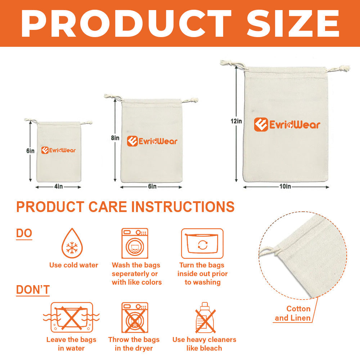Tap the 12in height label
236,121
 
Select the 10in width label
285,186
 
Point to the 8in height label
115,138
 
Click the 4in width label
59,186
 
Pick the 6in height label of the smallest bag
30,150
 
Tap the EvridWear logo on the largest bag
287,125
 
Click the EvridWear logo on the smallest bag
58,150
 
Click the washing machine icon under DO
135,243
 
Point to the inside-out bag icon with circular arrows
202,243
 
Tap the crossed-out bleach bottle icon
205,318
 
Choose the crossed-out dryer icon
135,318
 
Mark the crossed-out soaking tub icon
71,317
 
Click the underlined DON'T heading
33,290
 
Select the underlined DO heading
24,234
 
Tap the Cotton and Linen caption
293,313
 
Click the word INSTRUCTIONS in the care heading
183,207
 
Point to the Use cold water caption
74,265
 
